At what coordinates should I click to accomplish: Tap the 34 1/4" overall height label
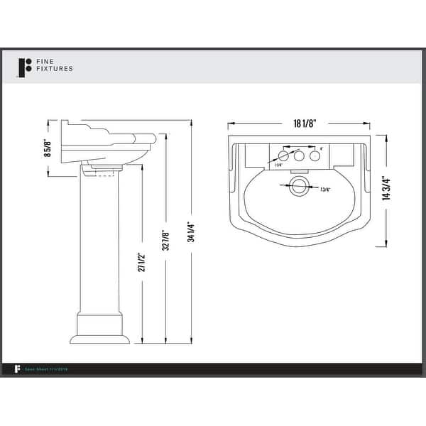tap(191, 234)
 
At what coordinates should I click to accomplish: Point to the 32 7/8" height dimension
tap(166, 239)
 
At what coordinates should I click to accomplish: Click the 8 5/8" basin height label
tap(48, 148)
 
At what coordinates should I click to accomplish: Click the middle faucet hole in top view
tap(299, 155)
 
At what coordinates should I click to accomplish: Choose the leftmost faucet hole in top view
tap(284, 155)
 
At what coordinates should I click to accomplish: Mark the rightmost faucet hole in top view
tap(314, 155)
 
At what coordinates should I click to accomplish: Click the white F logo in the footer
tap(16, 368)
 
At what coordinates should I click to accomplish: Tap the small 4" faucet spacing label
tap(322, 148)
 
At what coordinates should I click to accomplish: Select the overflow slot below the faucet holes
tap(299, 170)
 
